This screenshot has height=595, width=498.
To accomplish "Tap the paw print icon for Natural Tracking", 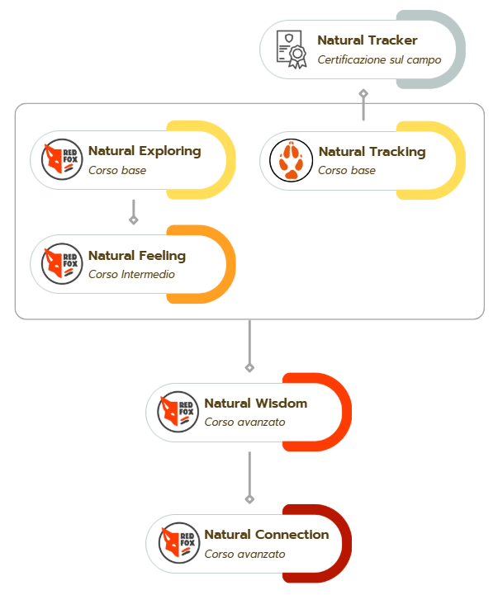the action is coord(291,160).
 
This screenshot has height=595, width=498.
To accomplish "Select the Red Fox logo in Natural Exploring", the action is coord(62,159).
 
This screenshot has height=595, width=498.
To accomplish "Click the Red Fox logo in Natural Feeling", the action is coord(62,264).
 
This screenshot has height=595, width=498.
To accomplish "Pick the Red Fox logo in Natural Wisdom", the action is coord(178,412).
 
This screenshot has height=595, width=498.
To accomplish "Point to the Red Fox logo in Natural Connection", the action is coord(178,543).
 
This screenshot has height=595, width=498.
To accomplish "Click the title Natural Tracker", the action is coord(368,40).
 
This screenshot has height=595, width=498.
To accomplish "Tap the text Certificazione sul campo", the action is coord(379,60).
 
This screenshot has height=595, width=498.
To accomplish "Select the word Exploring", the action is coord(170,151).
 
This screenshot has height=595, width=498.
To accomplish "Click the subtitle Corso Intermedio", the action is coord(131,274).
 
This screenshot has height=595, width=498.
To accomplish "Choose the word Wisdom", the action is coord(281,403).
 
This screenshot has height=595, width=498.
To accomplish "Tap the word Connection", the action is coord(292,534).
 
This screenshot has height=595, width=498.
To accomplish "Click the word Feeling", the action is coord(162,256).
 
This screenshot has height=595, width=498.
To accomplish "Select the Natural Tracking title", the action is coord(372,152).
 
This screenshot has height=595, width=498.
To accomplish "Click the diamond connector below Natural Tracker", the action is coord(363,93).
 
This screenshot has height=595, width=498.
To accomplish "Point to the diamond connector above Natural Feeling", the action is coord(133,220).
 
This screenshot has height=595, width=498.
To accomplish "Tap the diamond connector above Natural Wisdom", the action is coord(249,367).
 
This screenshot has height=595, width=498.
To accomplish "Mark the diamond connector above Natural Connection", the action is coord(249,499).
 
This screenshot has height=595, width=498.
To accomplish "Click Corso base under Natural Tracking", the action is coord(346,170).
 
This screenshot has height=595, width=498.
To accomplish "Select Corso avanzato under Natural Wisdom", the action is coord(244,423).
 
